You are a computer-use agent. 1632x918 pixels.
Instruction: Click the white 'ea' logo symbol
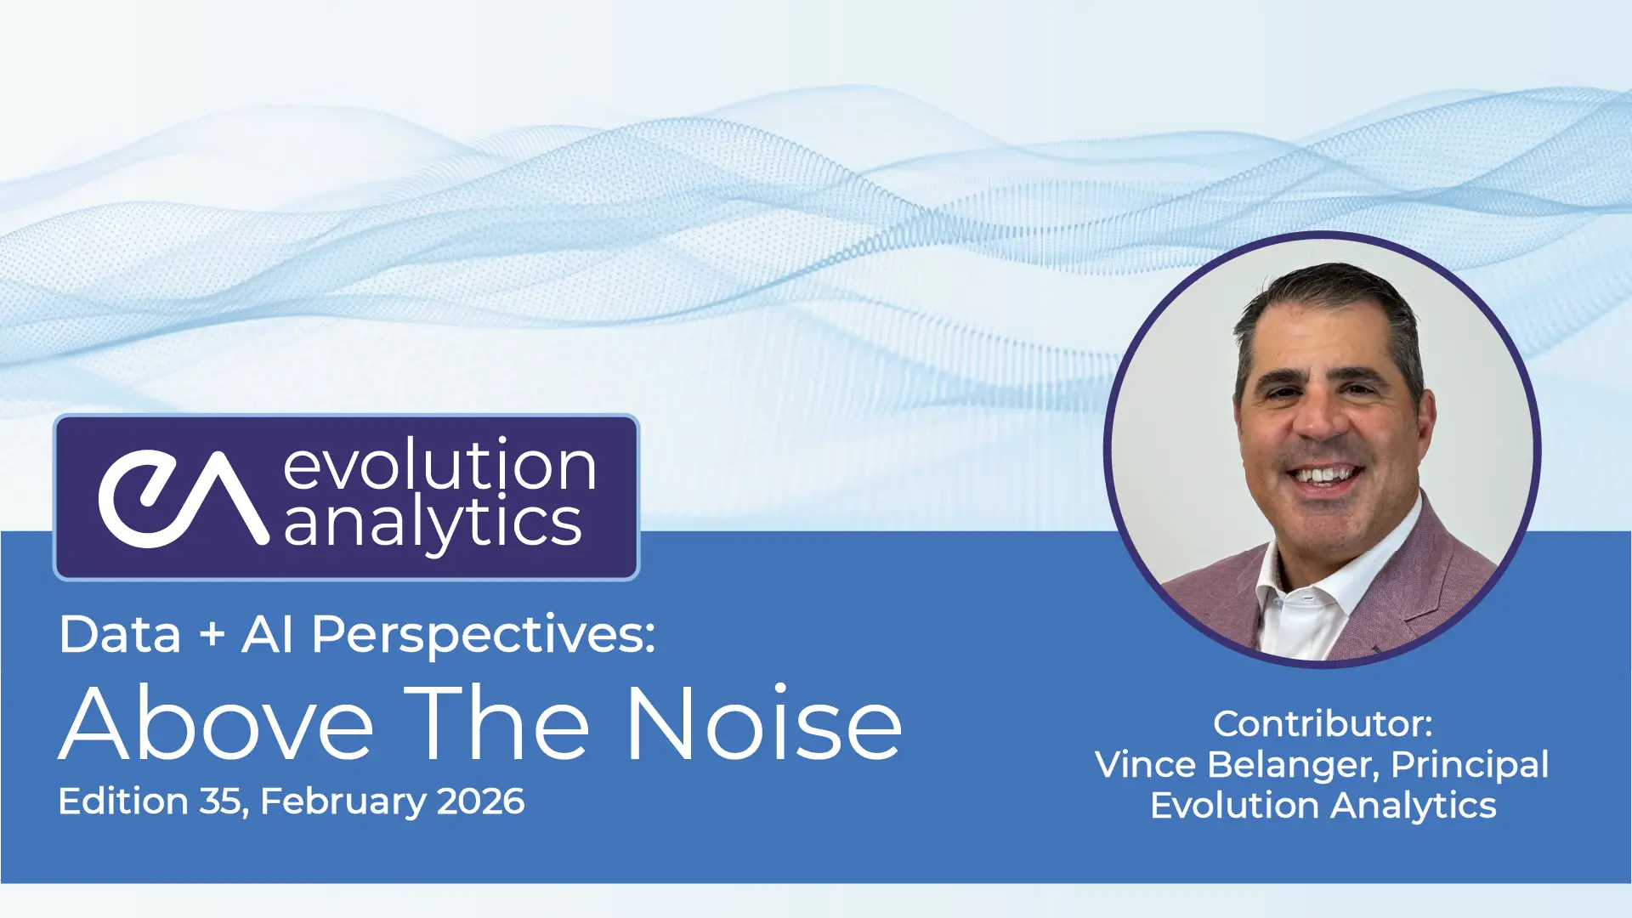(x=183, y=498)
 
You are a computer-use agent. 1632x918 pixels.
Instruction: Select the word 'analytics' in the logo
(x=433, y=523)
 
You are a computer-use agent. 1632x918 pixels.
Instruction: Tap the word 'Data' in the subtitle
(x=120, y=635)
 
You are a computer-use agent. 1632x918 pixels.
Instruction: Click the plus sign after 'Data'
(x=212, y=636)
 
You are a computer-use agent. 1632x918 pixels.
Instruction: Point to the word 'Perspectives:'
(x=484, y=636)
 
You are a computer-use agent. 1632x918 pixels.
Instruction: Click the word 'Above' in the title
(x=217, y=723)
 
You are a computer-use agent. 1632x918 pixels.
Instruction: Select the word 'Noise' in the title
(x=764, y=723)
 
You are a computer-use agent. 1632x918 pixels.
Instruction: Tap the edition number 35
(x=224, y=802)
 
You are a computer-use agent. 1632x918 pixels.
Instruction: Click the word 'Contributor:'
(x=1323, y=724)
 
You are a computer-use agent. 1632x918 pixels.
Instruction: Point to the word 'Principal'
(x=1470, y=765)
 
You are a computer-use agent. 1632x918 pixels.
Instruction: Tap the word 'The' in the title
(x=497, y=723)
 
